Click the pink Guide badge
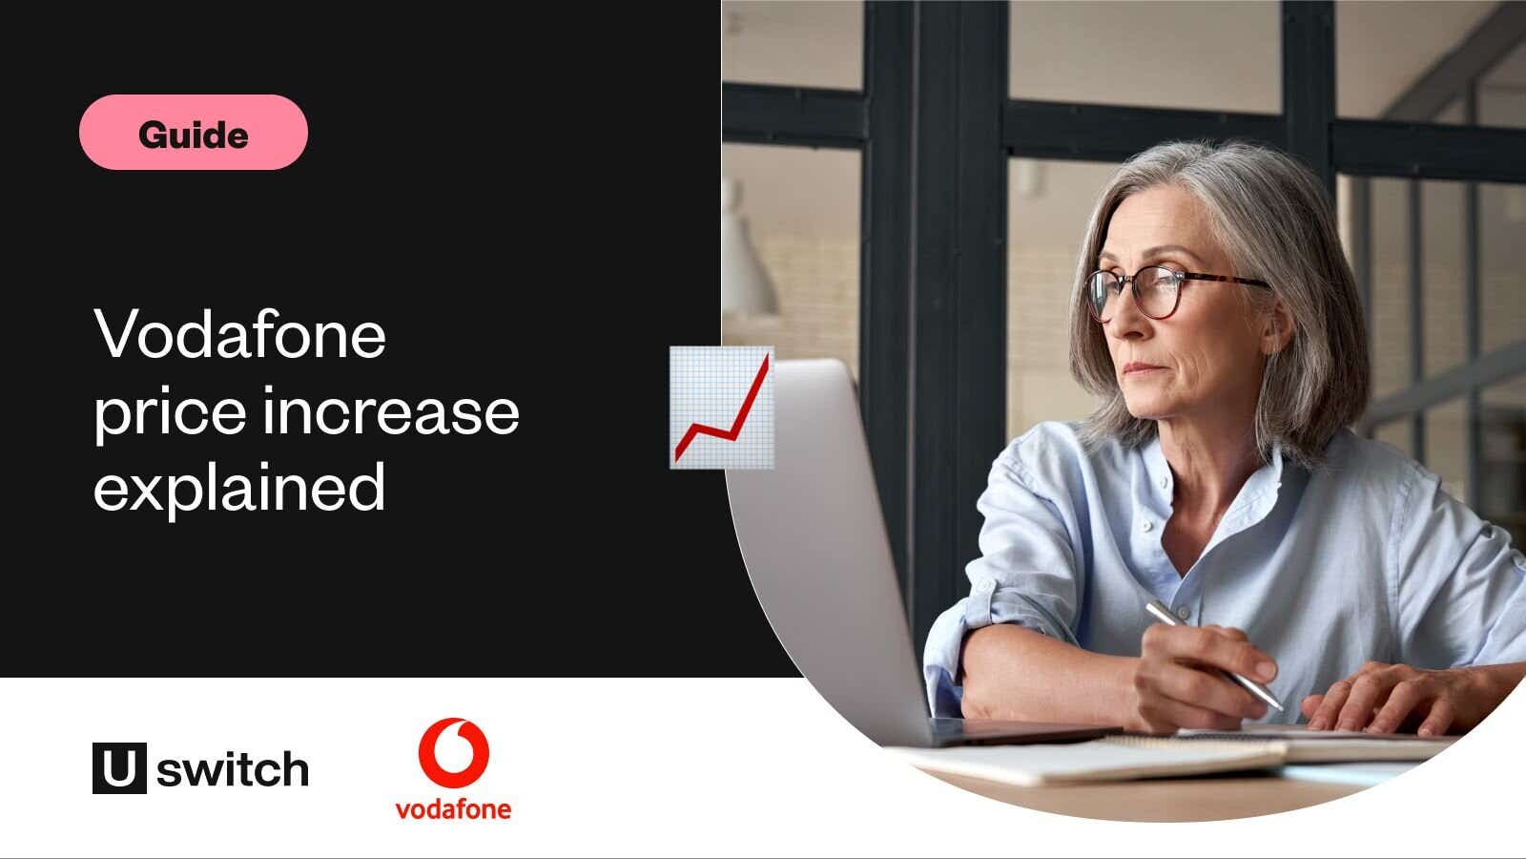194,133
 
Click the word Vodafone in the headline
239,333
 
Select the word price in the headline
170,412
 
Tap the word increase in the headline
391,412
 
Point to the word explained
239,488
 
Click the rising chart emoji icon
721,408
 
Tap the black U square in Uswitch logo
119,767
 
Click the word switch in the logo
233,769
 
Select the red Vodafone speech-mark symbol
454,753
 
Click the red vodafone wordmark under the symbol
454,809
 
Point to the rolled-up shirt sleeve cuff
954,655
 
